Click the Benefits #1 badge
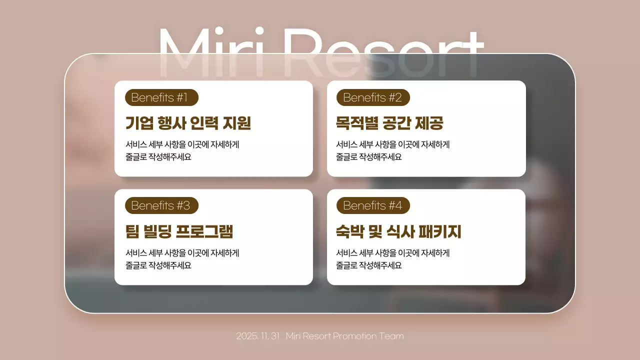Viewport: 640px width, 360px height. click(161, 97)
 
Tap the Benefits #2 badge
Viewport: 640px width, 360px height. click(373, 97)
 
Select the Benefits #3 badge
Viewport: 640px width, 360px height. click(161, 205)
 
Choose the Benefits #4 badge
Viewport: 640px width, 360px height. click(373, 205)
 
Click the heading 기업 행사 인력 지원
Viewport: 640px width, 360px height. click(188, 123)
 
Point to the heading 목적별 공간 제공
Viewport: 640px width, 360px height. click(389, 123)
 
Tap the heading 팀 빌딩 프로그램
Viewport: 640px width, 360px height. click(179, 231)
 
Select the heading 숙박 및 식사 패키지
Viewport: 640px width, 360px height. click(398, 231)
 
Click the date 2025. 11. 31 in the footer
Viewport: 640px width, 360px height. click(257, 336)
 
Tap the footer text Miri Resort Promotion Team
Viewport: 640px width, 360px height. click(344, 336)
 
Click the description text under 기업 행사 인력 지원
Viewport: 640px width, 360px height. click(182, 150)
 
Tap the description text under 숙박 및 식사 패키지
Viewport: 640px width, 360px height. click(393, 259)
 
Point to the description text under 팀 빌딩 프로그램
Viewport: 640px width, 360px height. click(182, 259)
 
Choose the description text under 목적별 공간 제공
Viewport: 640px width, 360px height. click(393, 150)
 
